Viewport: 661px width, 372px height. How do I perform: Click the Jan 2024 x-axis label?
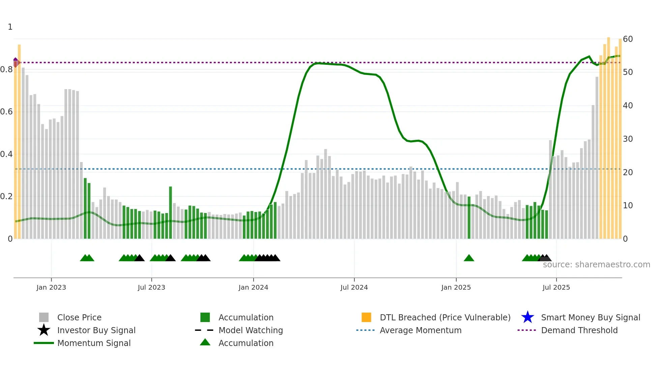[x=253, y=287]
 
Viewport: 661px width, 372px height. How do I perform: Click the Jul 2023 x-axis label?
[x=151, y=287]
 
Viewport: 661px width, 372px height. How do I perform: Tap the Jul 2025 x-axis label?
[x=556, y=287]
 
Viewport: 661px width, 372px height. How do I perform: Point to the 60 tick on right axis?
[x=628, y=39]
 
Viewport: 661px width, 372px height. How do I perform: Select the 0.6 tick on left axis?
[x=6, y=112]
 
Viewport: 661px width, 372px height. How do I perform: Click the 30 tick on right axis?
[x=628, y=139]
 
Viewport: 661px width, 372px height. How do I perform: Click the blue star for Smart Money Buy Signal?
[x=527, y=317]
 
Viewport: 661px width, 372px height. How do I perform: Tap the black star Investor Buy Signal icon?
[x=44, y=330]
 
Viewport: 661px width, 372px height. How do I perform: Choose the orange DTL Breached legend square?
[x=366, y=317]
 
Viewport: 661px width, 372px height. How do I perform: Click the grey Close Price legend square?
[x=44, y=317]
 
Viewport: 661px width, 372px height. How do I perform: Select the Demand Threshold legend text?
[x=579, y=330]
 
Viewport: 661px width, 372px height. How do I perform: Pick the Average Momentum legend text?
[x=420, y=330]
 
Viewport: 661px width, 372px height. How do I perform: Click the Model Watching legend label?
[x=251, y=330]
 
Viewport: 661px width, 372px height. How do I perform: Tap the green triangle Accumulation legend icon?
[x=205, y=343]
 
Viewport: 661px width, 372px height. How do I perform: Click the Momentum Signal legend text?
[x=94, y=343]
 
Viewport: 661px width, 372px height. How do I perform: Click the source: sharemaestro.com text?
[x=596, y=265]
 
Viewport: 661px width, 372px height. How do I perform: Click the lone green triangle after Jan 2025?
[x=469, y=258]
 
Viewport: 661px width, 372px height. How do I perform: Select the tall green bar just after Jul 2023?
[x=171, y=213]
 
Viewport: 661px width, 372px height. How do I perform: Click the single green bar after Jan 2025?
[x=469, y=218]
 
